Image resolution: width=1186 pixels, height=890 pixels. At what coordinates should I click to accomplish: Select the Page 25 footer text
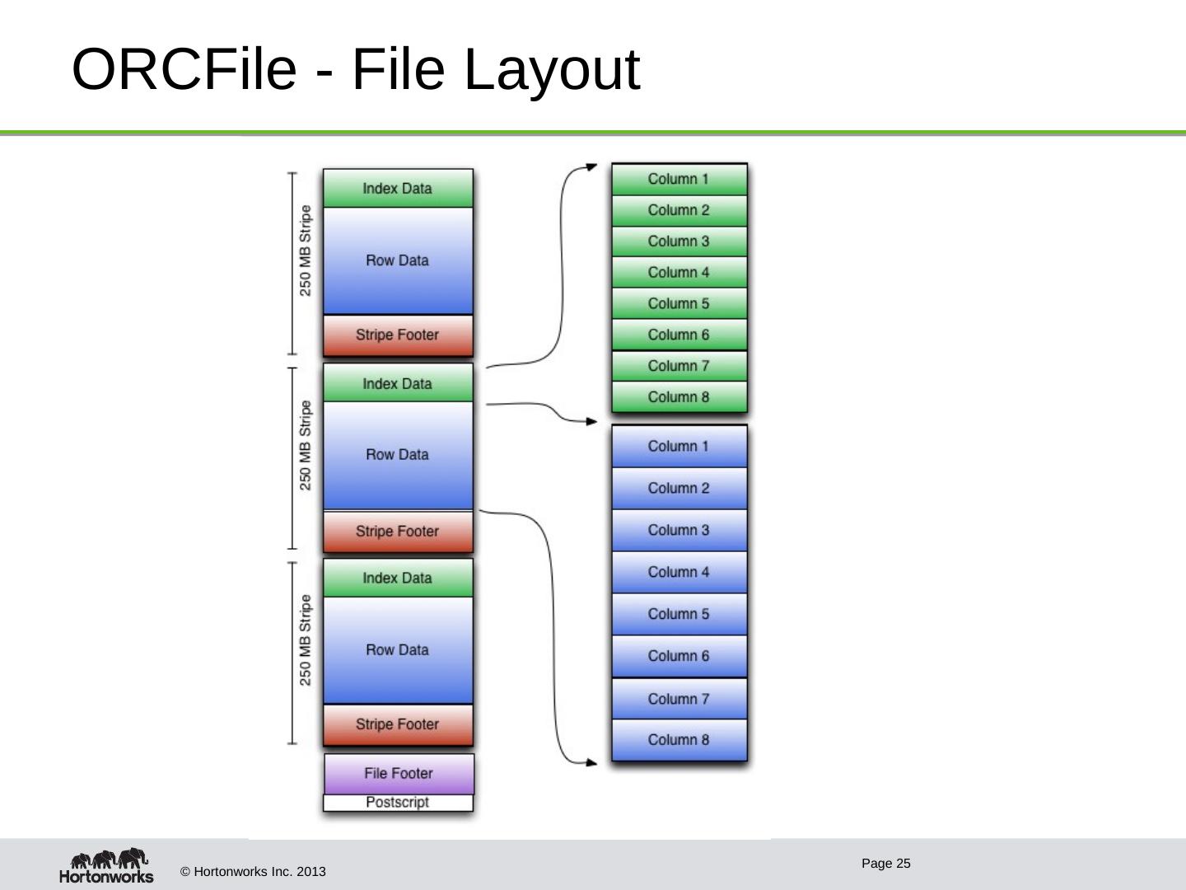point(885,864)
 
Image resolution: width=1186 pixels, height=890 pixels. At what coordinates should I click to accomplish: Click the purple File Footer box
point(399,773)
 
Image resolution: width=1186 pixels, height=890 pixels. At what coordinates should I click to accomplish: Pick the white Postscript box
point(398,803)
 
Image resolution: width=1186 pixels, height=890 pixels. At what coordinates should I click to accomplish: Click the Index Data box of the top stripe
point(398,189)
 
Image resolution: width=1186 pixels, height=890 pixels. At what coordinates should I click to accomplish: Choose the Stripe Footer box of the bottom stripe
point(398,724)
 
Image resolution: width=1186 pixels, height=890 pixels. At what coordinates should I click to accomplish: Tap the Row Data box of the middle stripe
point(398,455)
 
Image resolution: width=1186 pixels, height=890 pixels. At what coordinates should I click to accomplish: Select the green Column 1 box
point(679,179)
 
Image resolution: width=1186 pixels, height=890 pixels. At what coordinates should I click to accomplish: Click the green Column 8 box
point(679,397)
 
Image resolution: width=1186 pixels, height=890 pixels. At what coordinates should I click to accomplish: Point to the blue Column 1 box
point(679,446)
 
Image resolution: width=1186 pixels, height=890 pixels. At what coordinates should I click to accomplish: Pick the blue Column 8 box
point(679,739)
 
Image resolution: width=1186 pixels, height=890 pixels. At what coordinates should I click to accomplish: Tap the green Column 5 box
point(679,303)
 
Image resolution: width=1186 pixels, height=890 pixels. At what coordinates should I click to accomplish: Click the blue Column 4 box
point(679,572)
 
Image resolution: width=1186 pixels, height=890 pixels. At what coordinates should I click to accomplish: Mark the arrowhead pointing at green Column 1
point(591,166)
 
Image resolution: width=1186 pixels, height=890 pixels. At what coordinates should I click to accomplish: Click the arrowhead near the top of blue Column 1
point(591,422)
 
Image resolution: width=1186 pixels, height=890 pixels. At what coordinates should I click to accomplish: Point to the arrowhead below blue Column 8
point(591,762)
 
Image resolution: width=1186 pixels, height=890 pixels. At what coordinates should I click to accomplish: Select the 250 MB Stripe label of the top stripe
point(306,251)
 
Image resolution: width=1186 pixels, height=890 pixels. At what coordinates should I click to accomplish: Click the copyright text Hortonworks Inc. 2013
point(253,872)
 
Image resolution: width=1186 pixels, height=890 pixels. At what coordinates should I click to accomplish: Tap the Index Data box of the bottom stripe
point(398,578)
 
